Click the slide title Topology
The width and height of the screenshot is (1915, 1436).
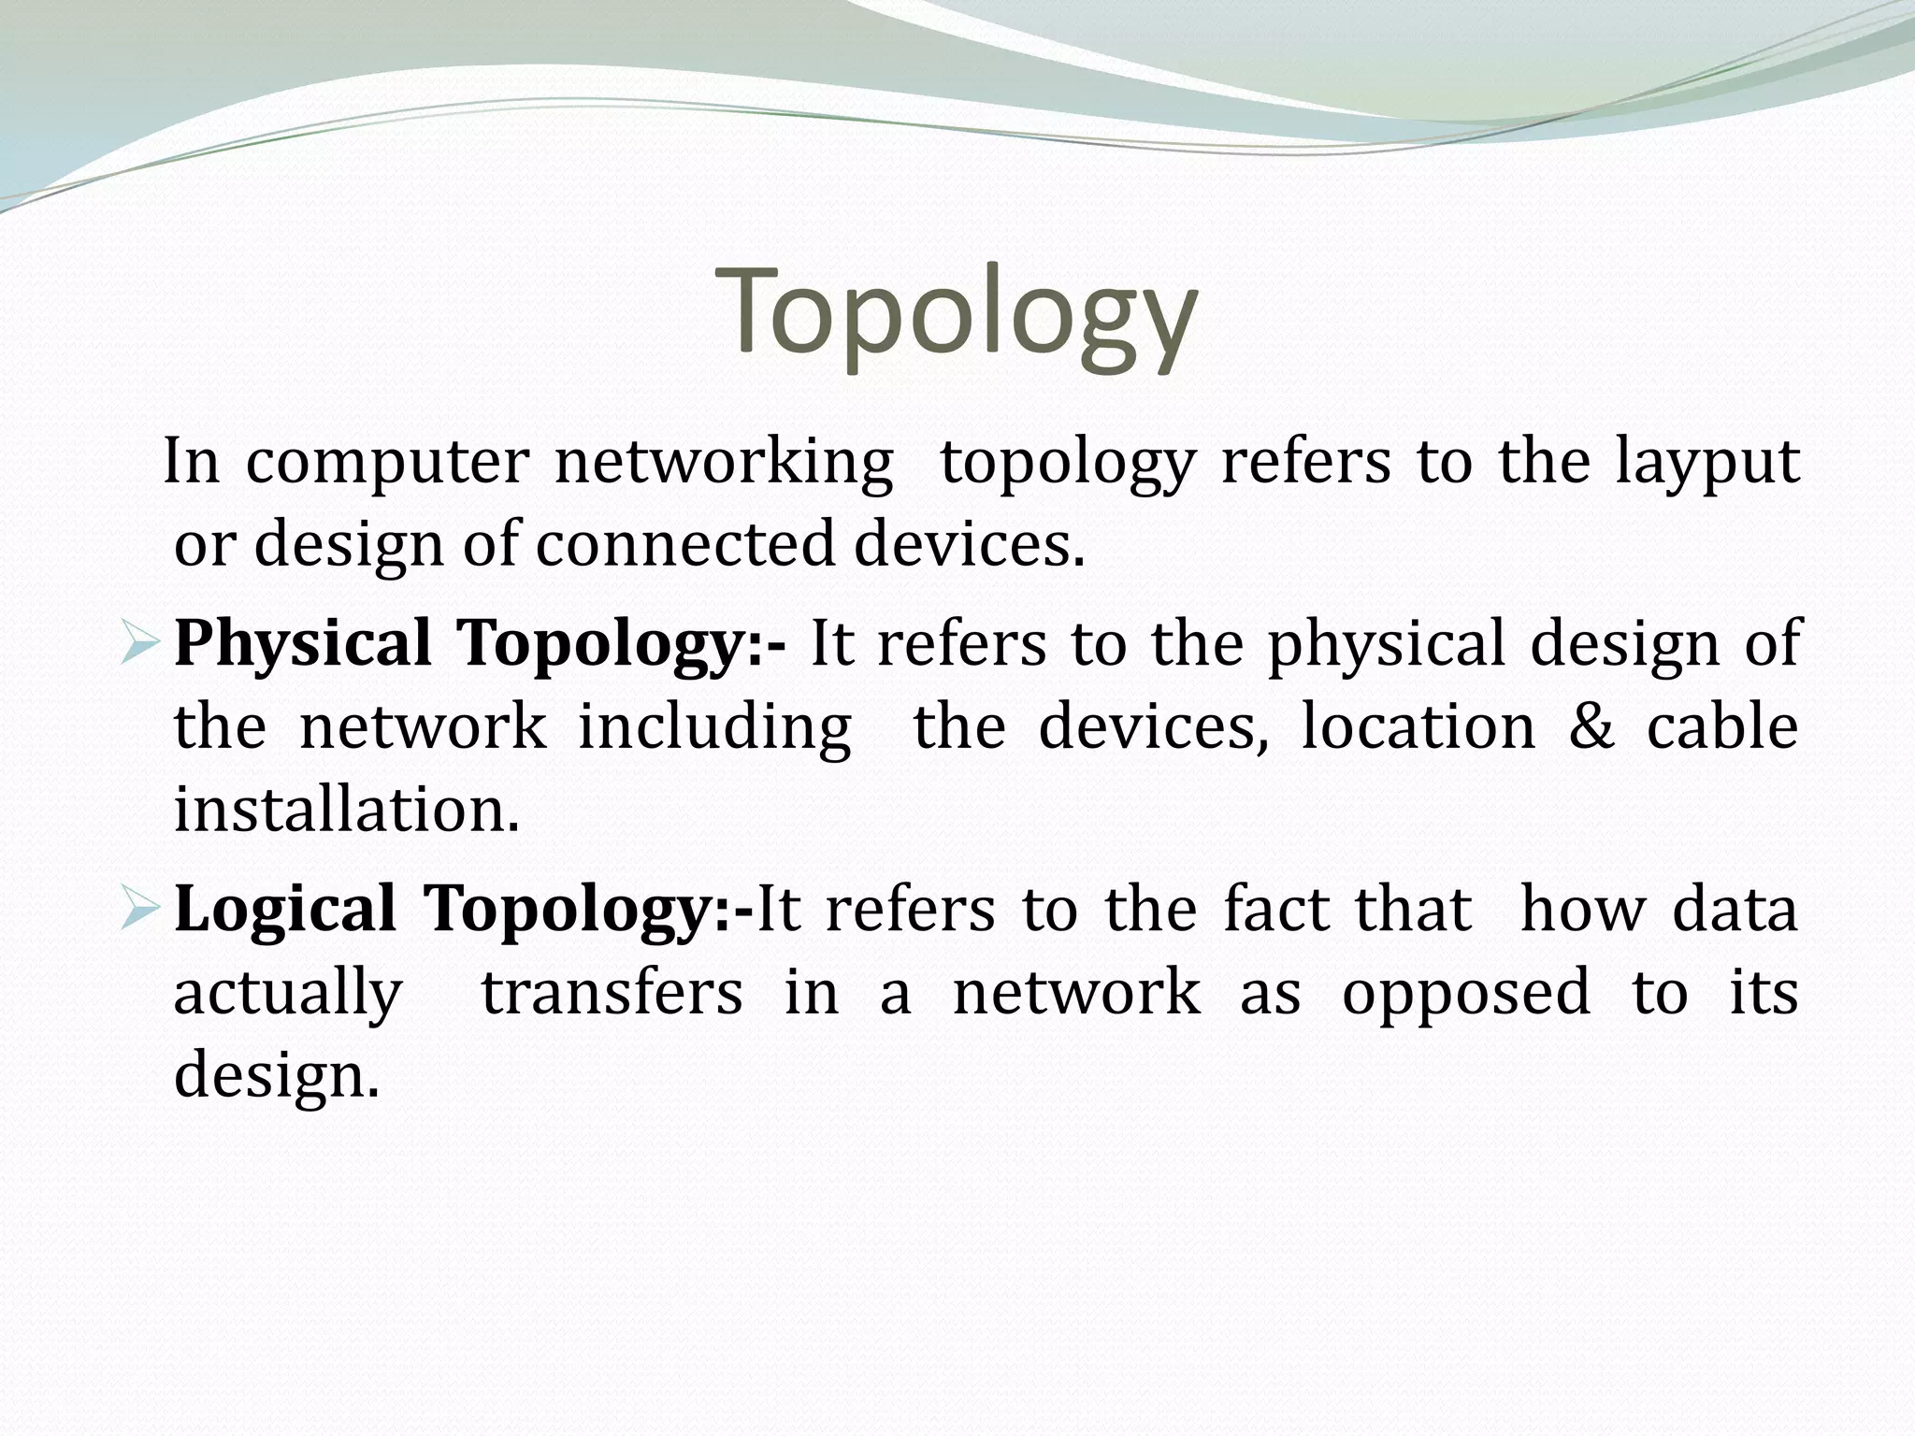(956, 313)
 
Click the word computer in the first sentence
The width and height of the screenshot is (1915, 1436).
(387, 464)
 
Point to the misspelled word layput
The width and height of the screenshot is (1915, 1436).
(1706, 464)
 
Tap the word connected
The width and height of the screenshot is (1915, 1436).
(684, 544)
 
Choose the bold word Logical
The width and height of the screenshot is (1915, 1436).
(285, 910)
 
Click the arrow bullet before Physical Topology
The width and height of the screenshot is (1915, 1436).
(141, 646)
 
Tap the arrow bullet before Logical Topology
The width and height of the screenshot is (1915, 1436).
(141, 911)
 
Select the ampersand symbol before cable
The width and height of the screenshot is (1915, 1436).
(1591, 726)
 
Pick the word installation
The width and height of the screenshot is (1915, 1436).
(346, 809)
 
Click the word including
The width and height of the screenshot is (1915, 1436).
(714, 728)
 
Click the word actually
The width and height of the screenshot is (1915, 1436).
(288, 994)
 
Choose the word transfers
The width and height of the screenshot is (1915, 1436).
(612, 992)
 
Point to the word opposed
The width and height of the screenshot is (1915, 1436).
(1465, 994)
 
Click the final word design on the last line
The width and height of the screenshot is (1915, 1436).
(276, 1074)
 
